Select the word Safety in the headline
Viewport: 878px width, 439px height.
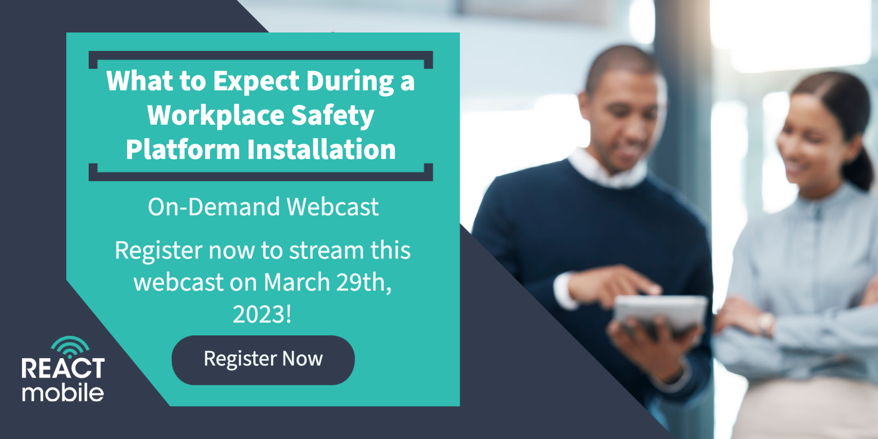[332, 115]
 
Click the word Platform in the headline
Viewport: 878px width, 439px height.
[183, 150]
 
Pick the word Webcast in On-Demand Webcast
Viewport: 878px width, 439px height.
[332, 207]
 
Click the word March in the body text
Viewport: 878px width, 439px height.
[297, 282]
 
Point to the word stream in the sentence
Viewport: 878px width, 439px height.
[326, 251]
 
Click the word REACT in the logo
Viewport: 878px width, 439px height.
[63, 368]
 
